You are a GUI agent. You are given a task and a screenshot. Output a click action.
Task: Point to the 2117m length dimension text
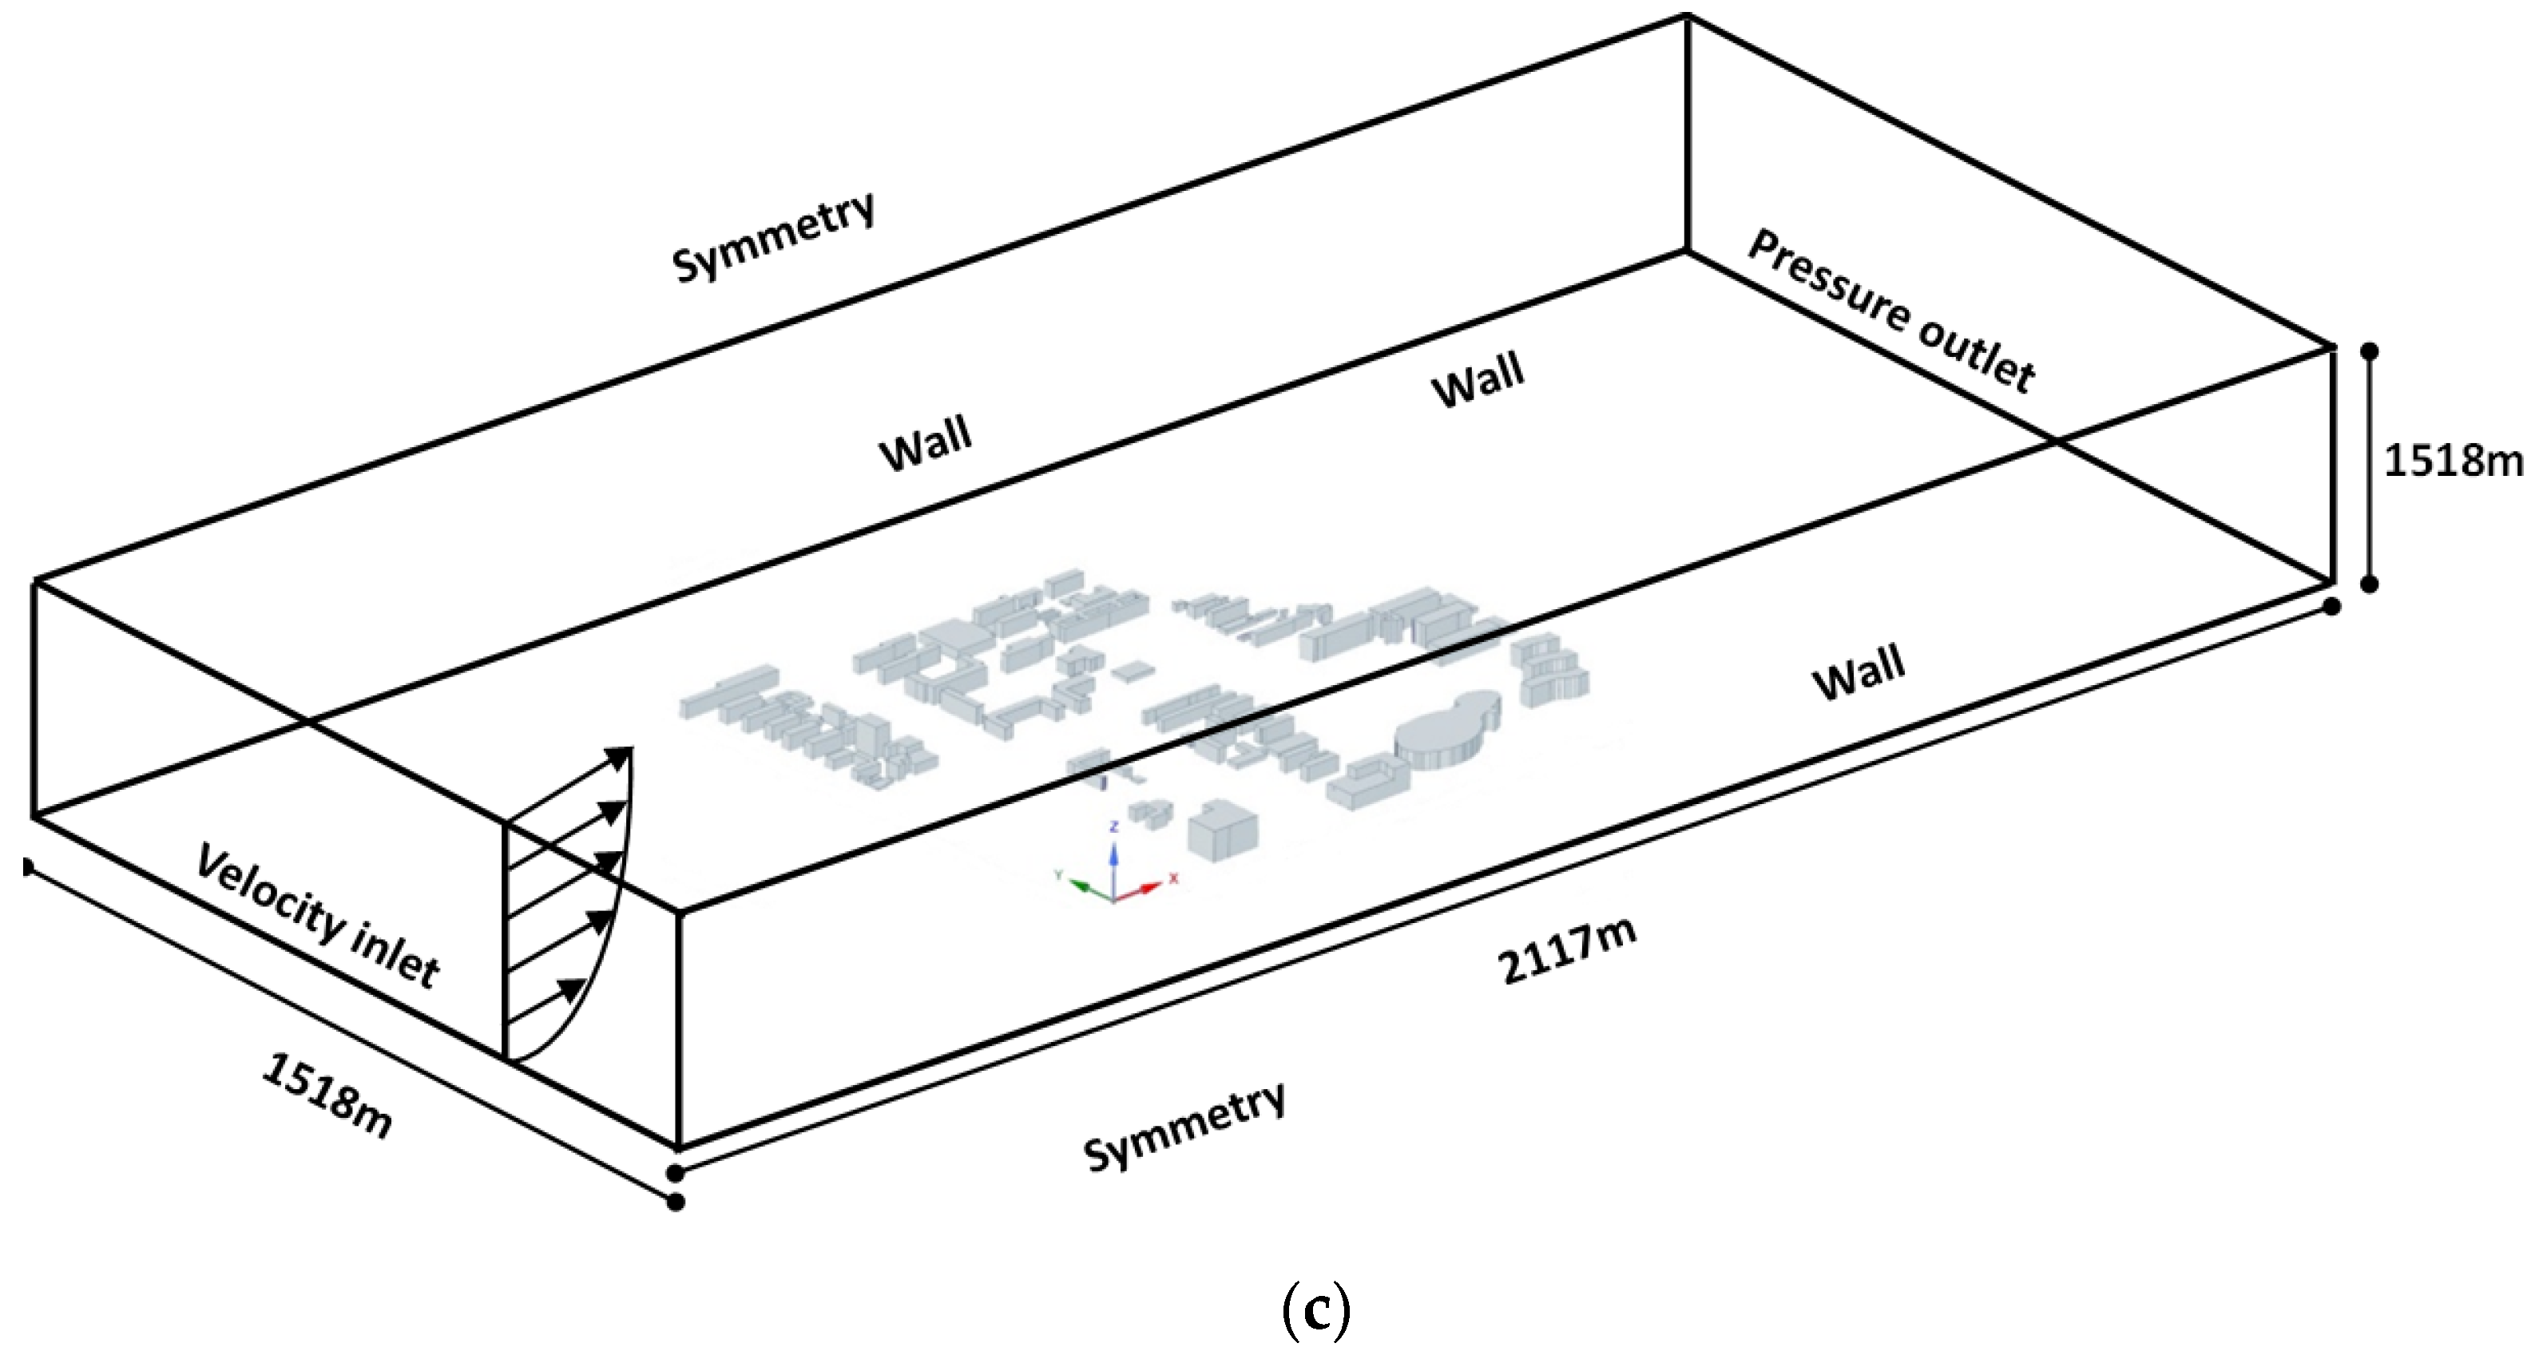(x=1568, y=952)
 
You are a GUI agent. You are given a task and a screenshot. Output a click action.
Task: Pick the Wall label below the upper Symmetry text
(x=925, y=445)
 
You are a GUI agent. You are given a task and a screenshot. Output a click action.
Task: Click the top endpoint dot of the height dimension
(x=2370, y=351)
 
